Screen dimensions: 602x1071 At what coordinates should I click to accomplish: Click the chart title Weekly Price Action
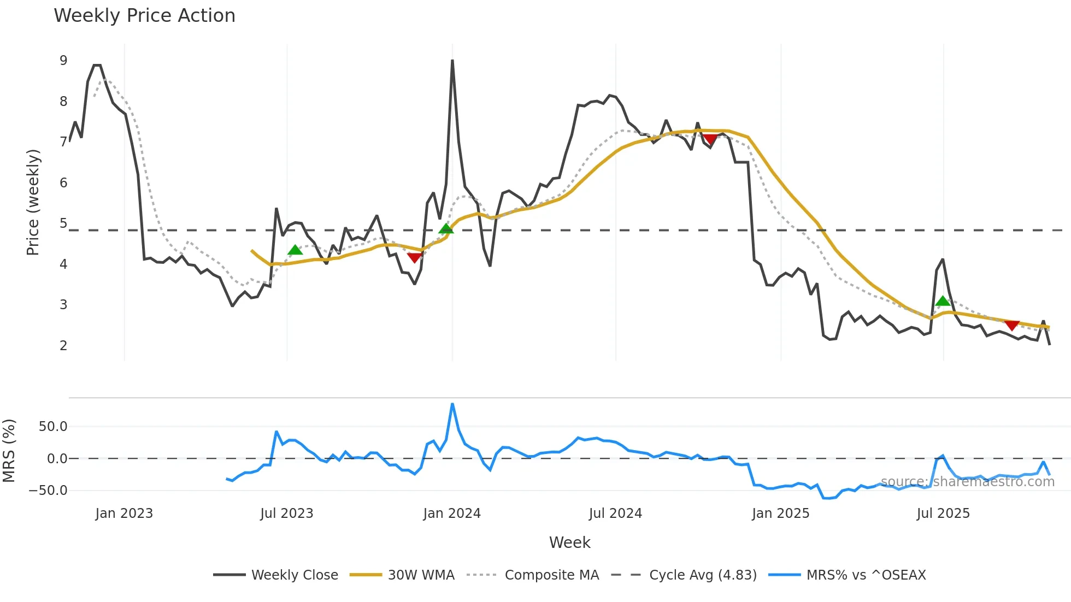(x=144, y=16)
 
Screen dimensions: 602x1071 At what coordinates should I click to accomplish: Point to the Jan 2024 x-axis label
(x=452, y=514)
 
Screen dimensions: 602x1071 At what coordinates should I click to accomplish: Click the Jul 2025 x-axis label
(x=943, y=514)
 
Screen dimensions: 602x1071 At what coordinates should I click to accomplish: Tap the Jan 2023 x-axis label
(x=124, y=514)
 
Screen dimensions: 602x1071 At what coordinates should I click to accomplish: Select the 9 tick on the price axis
(x=63, y=61)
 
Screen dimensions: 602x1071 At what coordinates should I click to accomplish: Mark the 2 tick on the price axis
(x=63, y=345)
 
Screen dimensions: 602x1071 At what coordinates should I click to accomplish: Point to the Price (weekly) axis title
(x=33, y=202)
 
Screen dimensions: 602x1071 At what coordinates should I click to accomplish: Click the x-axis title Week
(x=569, y=542)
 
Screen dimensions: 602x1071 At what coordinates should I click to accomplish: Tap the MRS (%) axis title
(x=9, y=451)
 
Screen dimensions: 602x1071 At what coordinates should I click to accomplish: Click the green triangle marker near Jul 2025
(x=943, y=301)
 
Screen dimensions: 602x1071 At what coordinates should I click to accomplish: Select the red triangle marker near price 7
(x=710, y=139)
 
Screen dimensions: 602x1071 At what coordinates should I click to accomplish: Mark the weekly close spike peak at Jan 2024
(x=452, y=61)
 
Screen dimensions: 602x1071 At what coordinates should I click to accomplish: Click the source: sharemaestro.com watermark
(x=967, y=482)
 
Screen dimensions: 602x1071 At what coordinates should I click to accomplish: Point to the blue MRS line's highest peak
(x=452, y=404)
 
